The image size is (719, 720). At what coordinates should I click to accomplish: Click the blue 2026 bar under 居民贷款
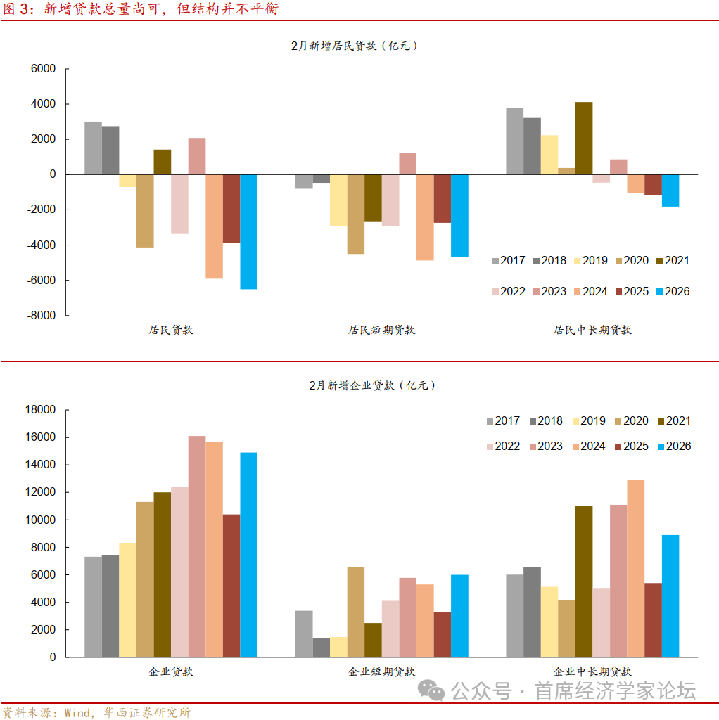248,231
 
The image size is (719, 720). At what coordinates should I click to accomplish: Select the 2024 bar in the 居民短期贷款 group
425,217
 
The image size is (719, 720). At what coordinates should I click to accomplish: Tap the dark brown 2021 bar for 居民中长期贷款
584,138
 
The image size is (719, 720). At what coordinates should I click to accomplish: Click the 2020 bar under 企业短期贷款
356,612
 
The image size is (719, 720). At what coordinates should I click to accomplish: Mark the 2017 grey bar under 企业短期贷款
304,634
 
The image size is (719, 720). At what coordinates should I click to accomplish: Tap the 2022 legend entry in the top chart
506,292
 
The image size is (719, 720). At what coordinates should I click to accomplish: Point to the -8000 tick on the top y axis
42,316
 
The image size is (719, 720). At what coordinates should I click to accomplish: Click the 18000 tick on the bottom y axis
40,410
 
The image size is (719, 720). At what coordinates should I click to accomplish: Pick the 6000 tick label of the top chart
43,69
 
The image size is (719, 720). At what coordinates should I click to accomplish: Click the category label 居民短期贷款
381,330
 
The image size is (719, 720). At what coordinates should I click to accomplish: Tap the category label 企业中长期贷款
592,671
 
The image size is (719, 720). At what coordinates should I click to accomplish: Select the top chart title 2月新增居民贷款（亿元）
355,46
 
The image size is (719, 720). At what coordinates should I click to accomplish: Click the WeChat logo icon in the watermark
431,690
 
